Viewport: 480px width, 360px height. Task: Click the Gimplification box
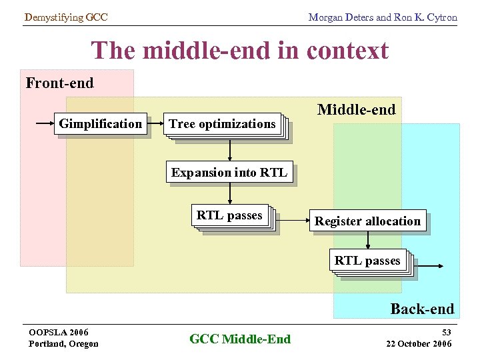[101, 124]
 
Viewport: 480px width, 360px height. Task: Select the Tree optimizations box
[223, 124]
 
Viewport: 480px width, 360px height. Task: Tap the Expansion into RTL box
[229, 173]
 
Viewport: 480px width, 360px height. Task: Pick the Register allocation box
[367, 221]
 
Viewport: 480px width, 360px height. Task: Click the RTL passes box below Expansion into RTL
[230, 216]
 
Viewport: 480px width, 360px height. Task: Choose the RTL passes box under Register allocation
[367, 261]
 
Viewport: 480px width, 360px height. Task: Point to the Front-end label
[59, 83]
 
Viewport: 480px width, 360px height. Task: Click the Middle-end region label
[356, 109]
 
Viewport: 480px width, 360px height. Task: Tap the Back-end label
[422, 309]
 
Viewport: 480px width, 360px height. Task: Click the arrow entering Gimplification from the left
[44, 123]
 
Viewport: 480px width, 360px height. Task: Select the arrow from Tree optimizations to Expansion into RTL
[230, 149]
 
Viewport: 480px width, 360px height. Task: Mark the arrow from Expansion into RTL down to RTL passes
[230, 193]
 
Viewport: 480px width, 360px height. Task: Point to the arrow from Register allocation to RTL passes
[367, 240]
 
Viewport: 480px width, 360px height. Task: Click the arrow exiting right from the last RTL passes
[428, 265]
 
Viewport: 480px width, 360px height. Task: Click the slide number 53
[446, 332]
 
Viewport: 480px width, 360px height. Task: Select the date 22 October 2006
[419, 343]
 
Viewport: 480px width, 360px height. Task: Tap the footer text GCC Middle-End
[240, 339]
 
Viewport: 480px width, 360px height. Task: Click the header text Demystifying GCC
[65, 17]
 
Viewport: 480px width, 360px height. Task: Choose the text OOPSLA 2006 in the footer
[59, 332]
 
